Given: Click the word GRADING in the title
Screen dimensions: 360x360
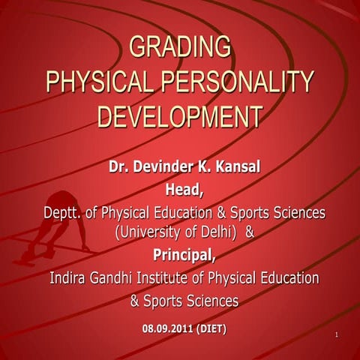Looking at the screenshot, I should [x=180, y=46].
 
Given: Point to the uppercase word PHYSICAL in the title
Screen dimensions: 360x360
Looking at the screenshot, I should [x=99, y=82].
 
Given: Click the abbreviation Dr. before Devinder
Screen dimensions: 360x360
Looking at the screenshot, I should [x=120, y=166].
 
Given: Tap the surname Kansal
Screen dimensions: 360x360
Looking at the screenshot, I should [x=238, y=166].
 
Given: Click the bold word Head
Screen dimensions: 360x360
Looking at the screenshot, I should [x=184, y=190].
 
